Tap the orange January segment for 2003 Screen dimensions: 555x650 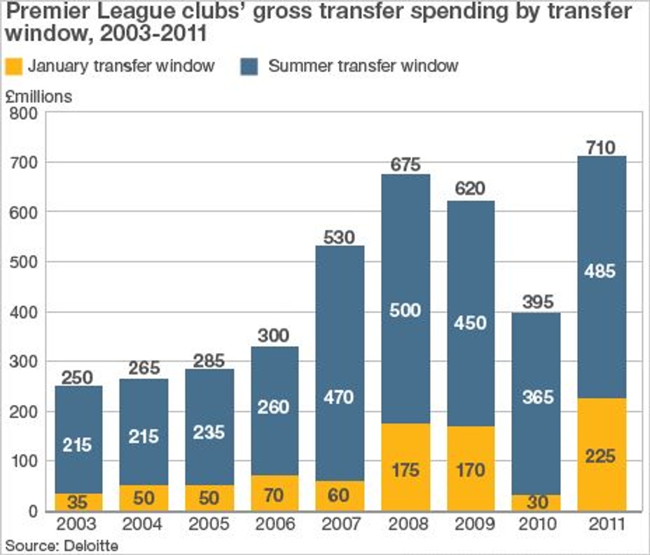(79, 502)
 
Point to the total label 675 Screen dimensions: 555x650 (405, 164)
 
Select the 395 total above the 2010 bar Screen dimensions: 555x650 (537, 302)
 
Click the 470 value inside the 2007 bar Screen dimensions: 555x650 (339, 397)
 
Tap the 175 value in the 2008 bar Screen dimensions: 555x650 (405, 469)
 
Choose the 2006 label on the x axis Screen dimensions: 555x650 (274, 524)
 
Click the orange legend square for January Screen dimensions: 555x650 (14, 67)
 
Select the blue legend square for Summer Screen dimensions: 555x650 (249, 67)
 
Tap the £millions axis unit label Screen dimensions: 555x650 (39, 96)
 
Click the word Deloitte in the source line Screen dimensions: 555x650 (91, 545)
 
